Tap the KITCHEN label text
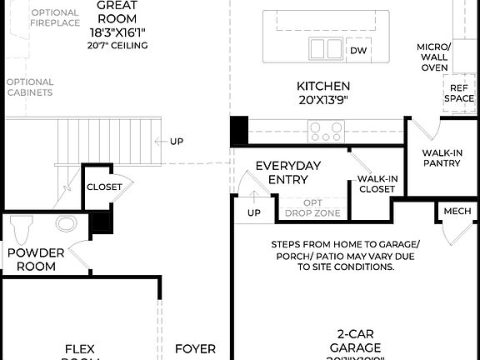point(323,86)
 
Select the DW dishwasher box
point(358,51)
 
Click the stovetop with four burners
point(327,132)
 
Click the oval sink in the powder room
point(66,223)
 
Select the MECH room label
point(457,212)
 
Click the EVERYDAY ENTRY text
point(287,172)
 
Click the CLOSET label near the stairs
point(104,187)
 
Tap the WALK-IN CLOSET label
point(376,183)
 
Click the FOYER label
point(195,349)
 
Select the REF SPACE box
point(458,92)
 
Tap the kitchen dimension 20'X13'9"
point(323,100)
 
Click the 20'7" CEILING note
point(117,45)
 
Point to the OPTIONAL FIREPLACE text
point(54,17)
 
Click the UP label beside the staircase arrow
point(176,141)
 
